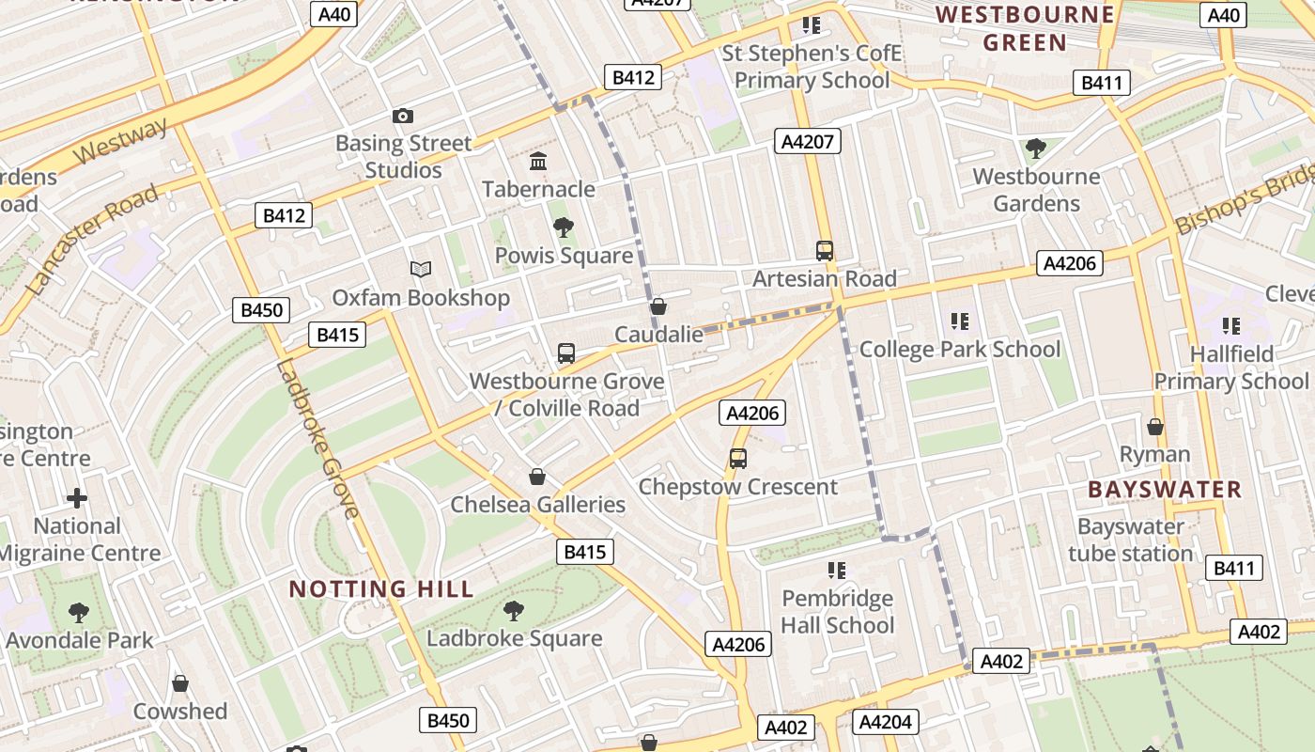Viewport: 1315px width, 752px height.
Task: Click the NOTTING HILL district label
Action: pyautogui.click(x=380, y=589)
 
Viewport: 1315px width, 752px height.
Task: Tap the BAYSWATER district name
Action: pyautogui.click(x=1165, y=490)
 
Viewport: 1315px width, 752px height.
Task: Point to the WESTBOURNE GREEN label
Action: pyautogui.click(x=1025, y=28)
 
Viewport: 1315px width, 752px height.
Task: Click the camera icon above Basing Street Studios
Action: pyautogui.click(x=403, y=116)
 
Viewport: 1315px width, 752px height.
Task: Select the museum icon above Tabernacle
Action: pyautogui.click(x=538, y=162)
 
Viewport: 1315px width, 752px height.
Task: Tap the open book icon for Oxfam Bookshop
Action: pyautogui.click(x=421, y=270)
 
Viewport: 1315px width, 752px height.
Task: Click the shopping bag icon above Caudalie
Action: pyautogui.click(x=658, y=306)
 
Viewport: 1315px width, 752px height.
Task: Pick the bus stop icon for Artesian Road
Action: pyautogui.click(x=825, y=251)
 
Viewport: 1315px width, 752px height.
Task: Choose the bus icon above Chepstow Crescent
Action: pyautogui.click(x=738, y=459)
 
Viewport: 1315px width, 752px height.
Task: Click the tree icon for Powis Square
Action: pyautogui.click(x=564, y=227)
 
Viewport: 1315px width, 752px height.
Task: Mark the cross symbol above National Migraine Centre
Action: pyautogui.click(x=77, y=498)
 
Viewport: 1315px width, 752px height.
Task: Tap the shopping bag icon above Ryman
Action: pyautogui.click(x=1155, y=427)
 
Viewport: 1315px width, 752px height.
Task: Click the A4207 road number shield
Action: pyautogui.click(x=808, y=142)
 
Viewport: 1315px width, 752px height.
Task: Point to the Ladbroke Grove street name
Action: pyautogui.click(x=317, y=438)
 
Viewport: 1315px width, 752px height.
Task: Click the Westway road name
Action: pyautogui.click(x=120, y=141)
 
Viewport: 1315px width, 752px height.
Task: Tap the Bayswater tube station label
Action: pyautogui.click(x=1131, y=540)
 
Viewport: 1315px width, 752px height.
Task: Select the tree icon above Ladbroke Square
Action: pyautogui.click(x=513, y=610)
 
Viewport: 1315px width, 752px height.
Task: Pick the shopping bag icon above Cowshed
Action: pyautogui.click(x=180, y=682)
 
